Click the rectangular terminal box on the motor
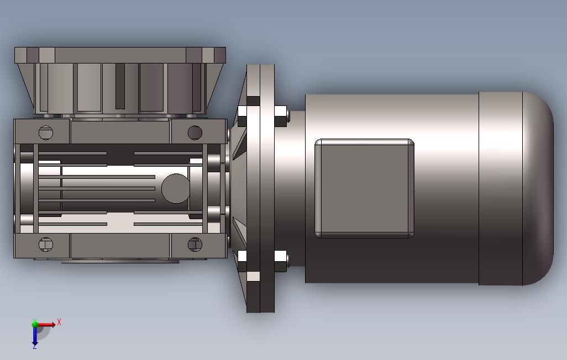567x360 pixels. point(365,188)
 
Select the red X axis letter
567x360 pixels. point(59,322)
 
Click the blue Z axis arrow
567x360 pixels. point(35,337)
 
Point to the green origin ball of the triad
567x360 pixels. point(35,324)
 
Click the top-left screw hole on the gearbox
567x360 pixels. point(45,133)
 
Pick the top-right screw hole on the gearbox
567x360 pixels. point(195,133)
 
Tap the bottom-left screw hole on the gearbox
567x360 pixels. point(45,245)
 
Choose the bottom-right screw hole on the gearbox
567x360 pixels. point(195,245)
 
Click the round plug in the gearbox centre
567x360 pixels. point(175,188)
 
